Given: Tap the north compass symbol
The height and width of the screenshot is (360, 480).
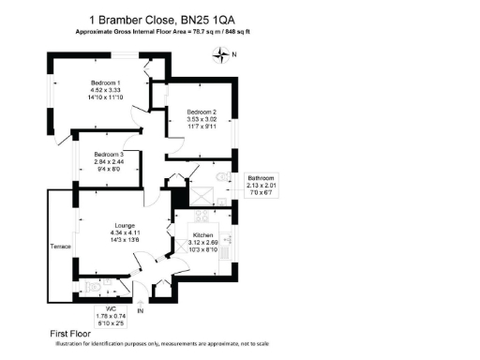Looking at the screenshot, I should click(x=221, y=54).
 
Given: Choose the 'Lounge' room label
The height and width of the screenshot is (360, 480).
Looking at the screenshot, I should click(x=126, y=226).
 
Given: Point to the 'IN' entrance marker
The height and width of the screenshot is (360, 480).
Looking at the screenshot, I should click(x=140, y=310).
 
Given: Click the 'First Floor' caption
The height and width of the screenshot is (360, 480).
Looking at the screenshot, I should click(x=69, y=334).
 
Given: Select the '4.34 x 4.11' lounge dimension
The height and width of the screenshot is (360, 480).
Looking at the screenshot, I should click(x=126, y=233).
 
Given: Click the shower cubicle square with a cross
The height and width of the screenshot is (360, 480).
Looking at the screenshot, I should click(x=200, y=195).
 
